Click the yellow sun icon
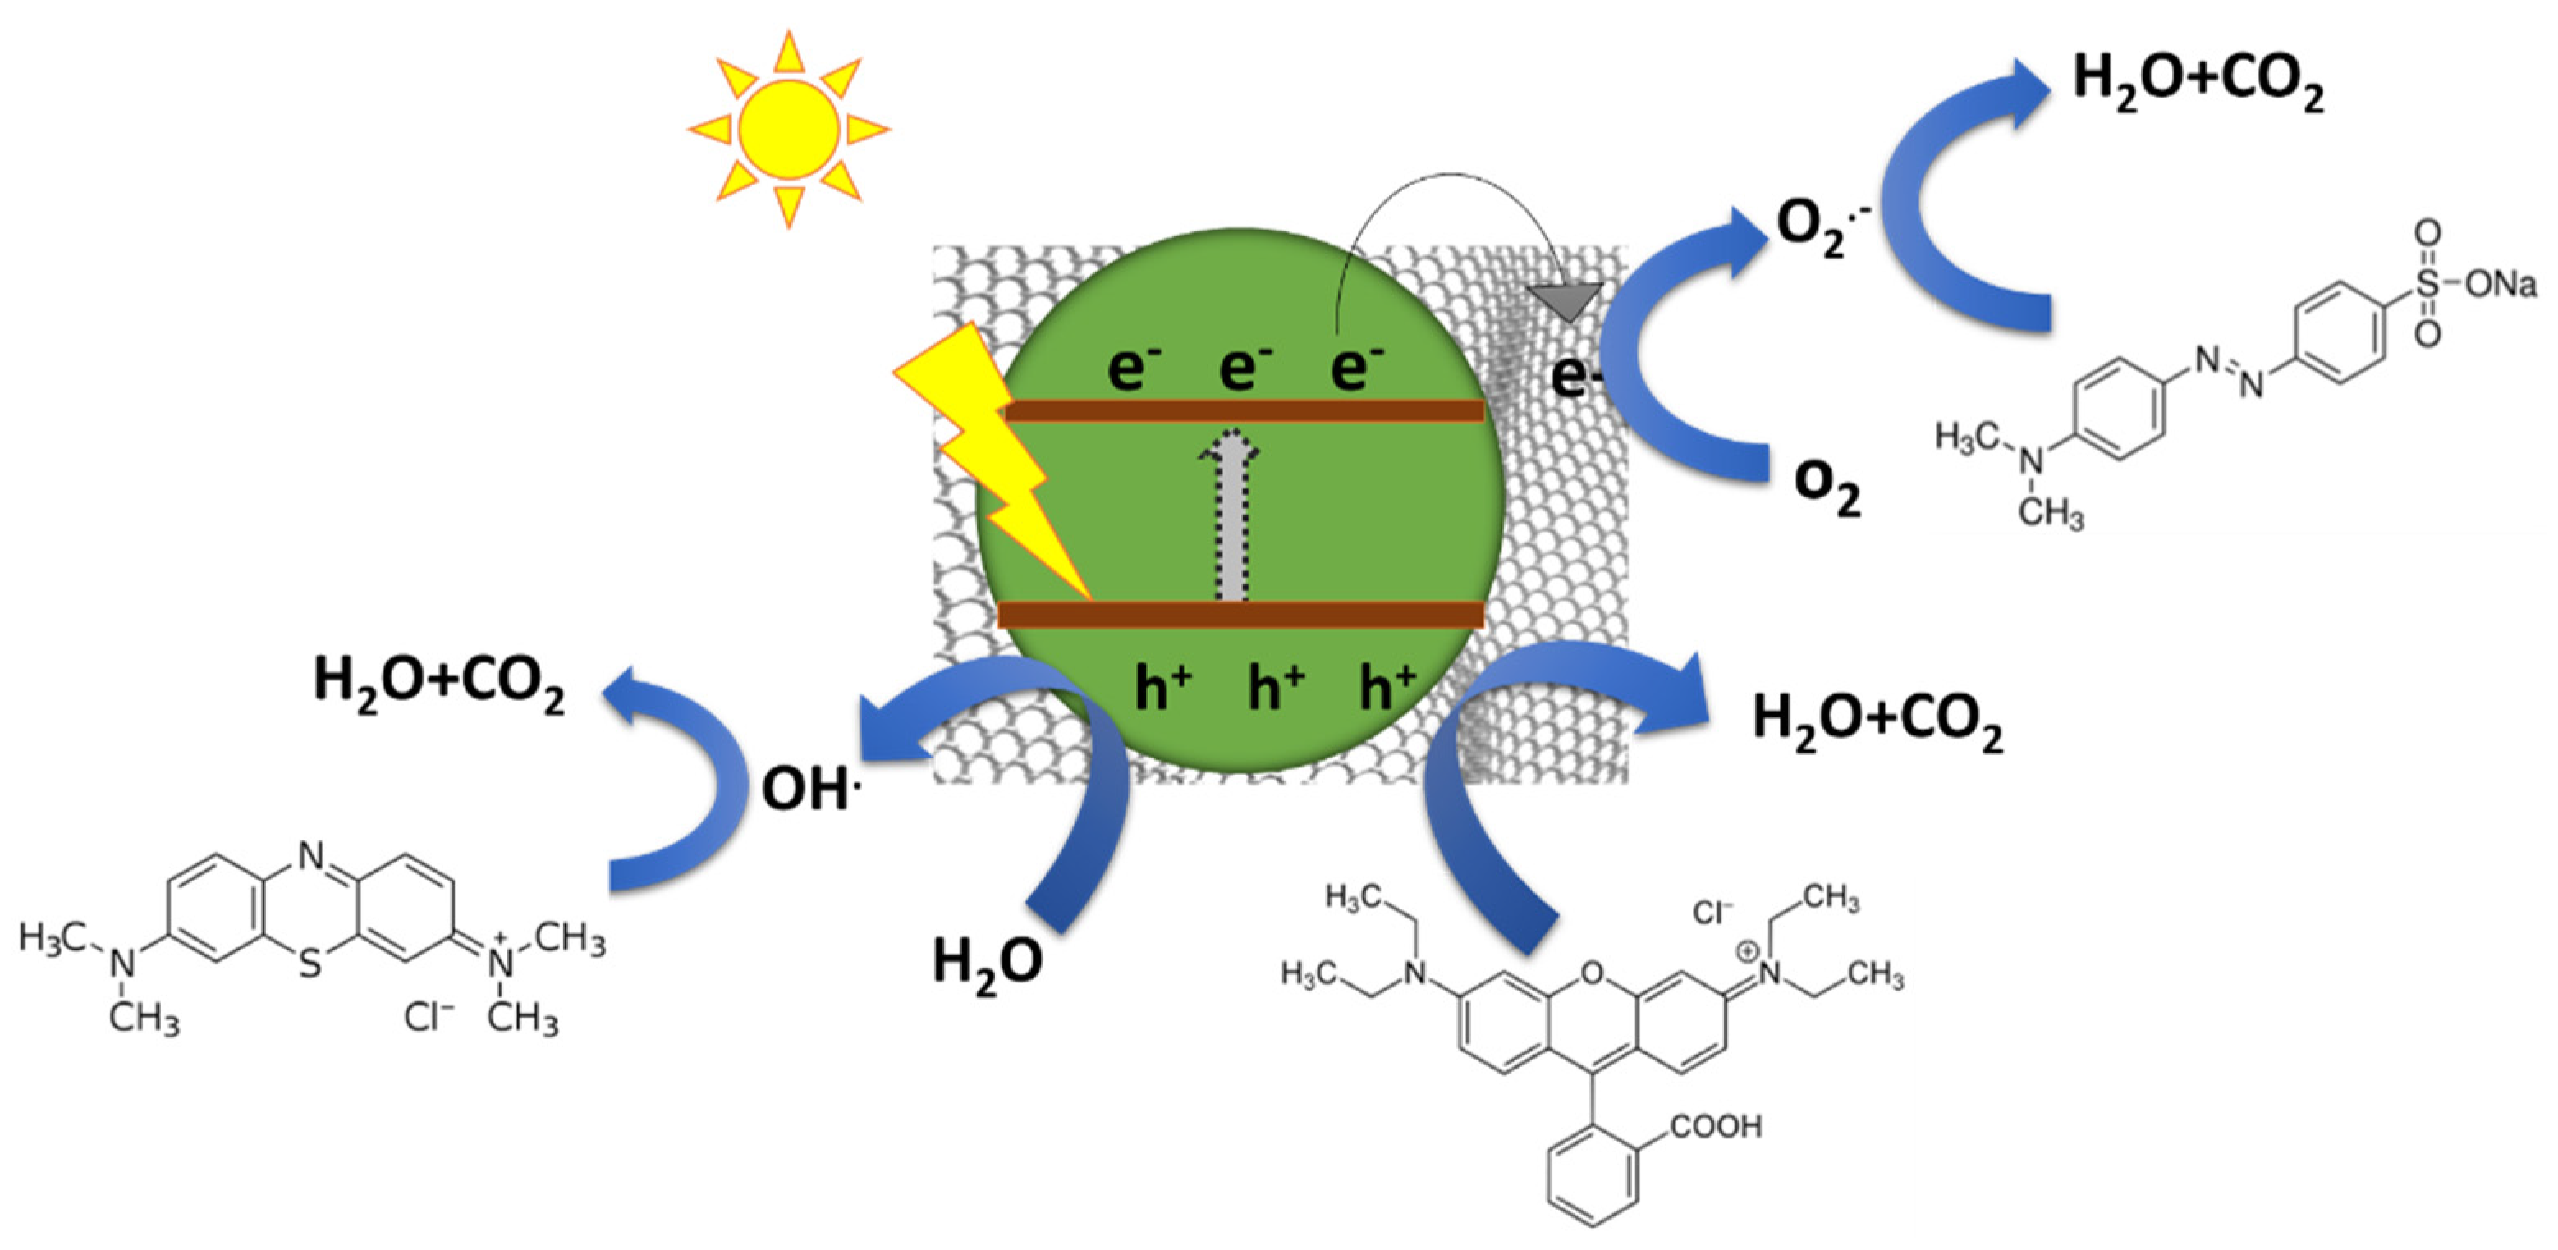tap(788, 130)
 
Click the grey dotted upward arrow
tap(1231, 516)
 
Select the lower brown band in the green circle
tap(1240, 615)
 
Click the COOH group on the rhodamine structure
tap(1716, 1126)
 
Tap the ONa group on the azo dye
tap(2501, 285)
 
